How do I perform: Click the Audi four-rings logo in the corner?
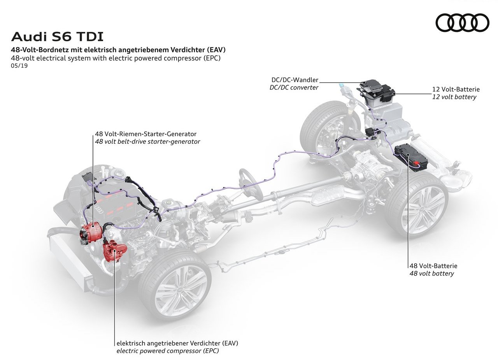click(x=463, y=23)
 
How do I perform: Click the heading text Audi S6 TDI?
click(x=57, y=37)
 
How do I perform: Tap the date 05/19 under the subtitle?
click(x=19, y=66)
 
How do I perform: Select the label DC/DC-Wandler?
click(x=295, y=80)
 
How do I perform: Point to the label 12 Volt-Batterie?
click(x=456, y=90)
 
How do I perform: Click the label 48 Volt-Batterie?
click(x=433, y=266)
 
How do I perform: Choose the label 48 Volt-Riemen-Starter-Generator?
click(x=146, y=134)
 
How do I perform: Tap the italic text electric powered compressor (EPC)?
click(x=168, y=351)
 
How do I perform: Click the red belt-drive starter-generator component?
click(x=91, y=233)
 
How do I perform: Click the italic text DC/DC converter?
click(x=294, y=88)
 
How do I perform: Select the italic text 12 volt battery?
click(x=454, y=97)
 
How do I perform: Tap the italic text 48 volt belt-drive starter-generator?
click(x=147, y=142)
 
